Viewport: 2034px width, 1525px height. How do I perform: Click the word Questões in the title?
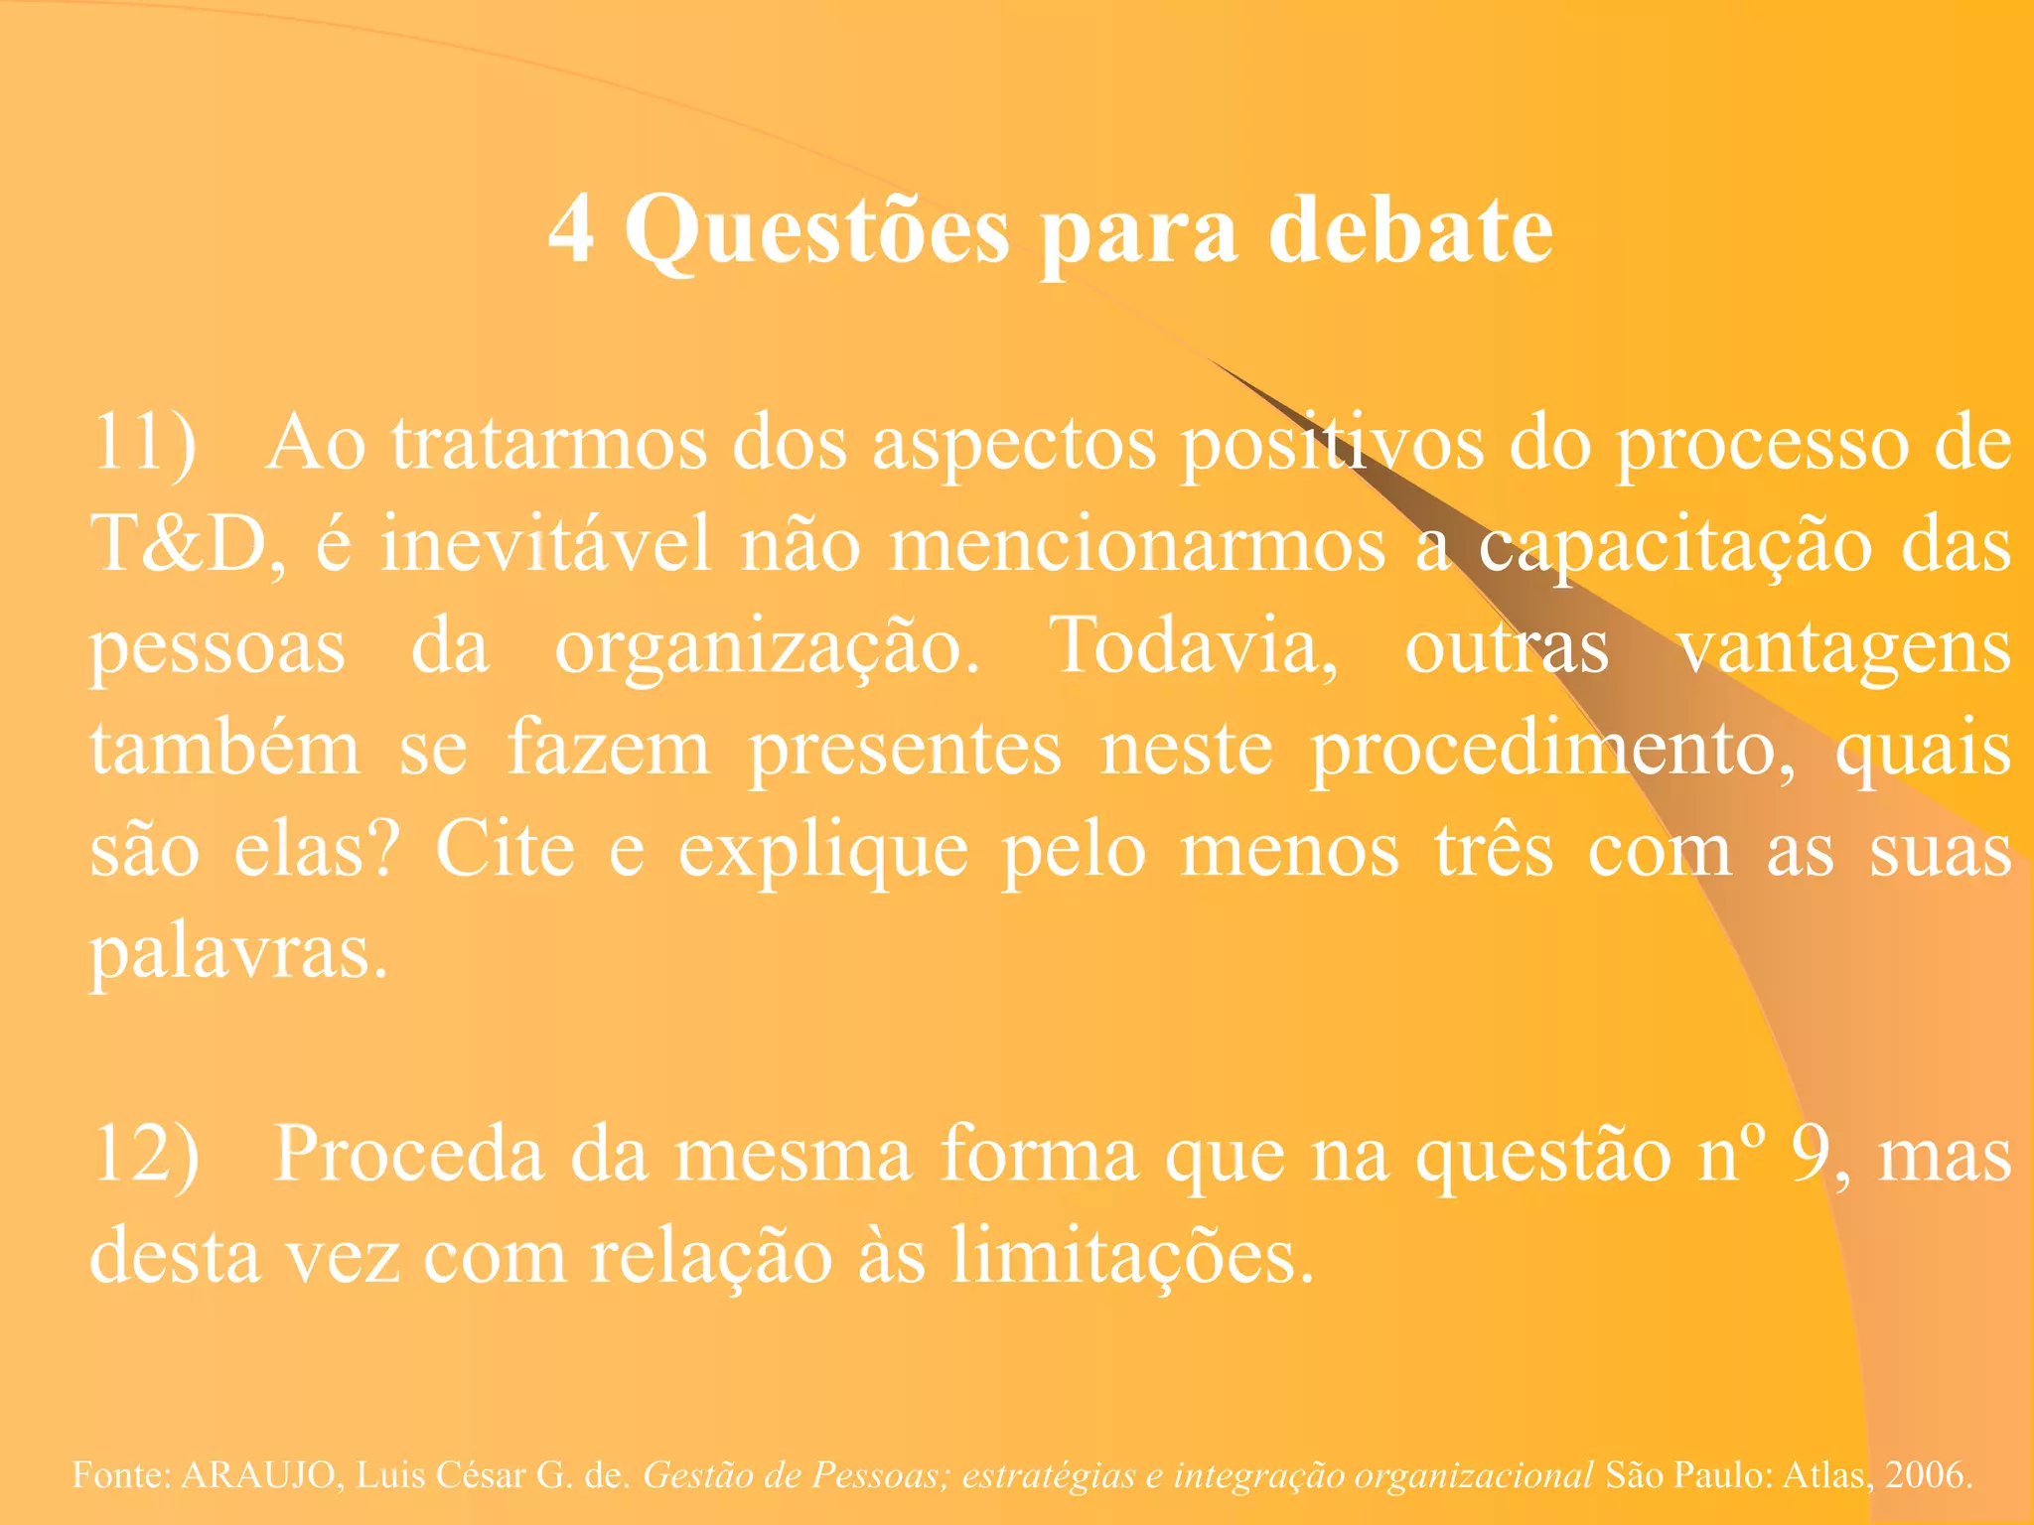pyautogui.click(x=816, y=230)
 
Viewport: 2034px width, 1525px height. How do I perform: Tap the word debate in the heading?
pyautogui.click(x=1411, y=230)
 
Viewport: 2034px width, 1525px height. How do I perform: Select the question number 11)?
pyautogui.click(x=145, y=443)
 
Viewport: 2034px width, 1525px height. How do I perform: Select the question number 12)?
pyautogui.click(x=146, y=1154)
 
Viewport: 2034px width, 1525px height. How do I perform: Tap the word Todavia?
pyautogui.click(x=1193, y=645)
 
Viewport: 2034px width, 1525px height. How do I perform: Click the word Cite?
pyautogui.click(x=506, y=850)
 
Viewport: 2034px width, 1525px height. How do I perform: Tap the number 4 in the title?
pyautogui.click(x=572, y=230)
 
